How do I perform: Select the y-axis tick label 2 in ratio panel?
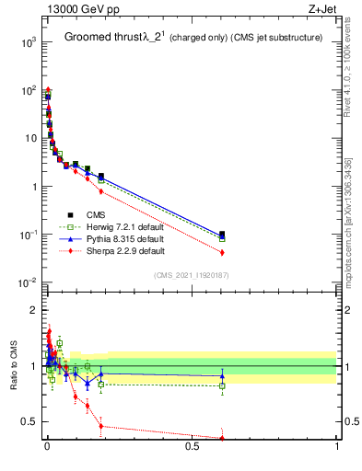point(34,310)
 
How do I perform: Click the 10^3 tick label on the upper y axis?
point(29,42)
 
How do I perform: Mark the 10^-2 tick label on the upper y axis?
point(29,282)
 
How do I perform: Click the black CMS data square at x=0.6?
point(222,235)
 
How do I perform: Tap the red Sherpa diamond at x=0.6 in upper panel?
point(222,252)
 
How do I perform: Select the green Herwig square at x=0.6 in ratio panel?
point(222,385)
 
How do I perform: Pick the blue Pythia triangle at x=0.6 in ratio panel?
point(222,375)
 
